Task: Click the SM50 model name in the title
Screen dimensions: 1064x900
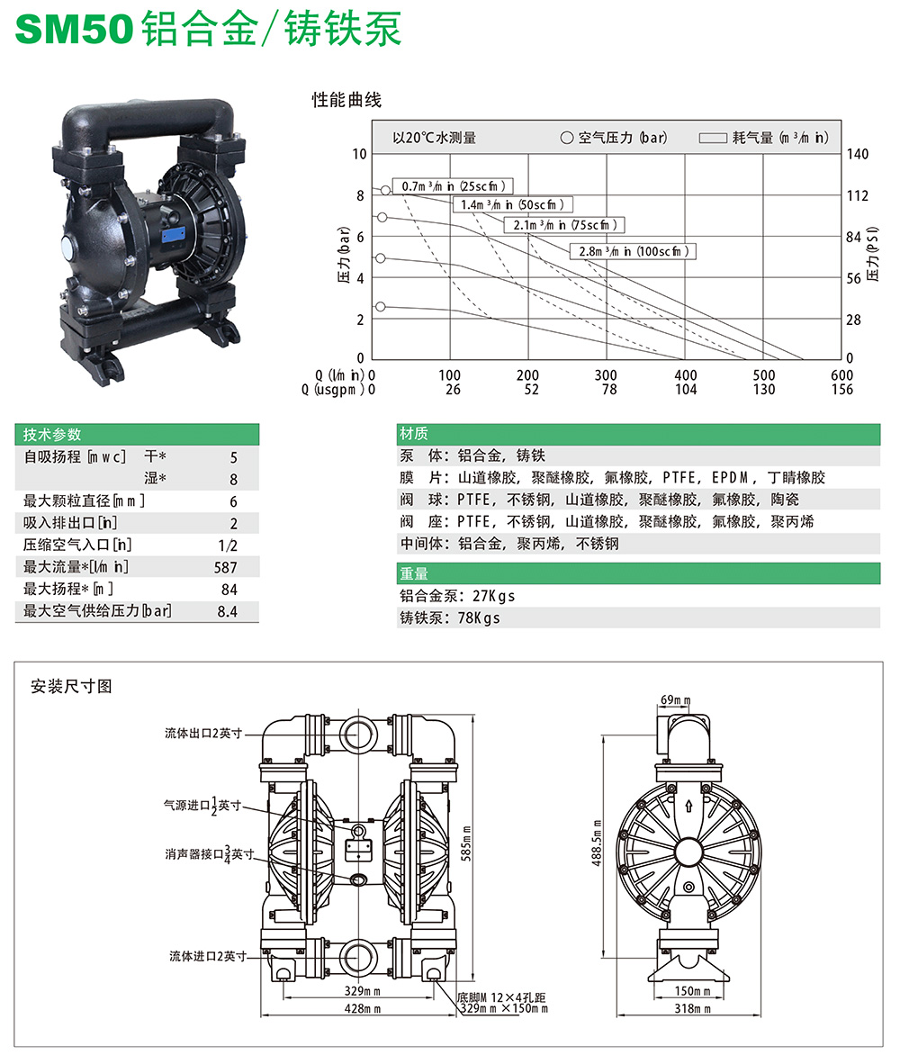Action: [x=74, y=31]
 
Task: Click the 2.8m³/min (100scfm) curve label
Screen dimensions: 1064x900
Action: [x=634, y=251]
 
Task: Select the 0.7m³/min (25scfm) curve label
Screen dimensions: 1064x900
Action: [x=456, y=186]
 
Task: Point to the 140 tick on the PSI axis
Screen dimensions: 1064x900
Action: [x=857, y=154]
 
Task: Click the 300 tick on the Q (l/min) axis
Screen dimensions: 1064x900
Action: [x=607, y=374]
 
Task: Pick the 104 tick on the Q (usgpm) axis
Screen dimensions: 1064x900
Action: [x=685, y=390]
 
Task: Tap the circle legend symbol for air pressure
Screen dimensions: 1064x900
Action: [x=566, y=138]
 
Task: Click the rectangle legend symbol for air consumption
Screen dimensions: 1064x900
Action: [x=713, y=138]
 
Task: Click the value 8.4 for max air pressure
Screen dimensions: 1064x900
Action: [x=228, y=612]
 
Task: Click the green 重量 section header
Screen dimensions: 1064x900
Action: [x=415, y=573]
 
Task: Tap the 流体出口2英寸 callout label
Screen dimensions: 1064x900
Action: [x=203, y=734]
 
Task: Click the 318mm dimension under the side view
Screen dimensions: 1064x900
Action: [x=692, y=1009]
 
